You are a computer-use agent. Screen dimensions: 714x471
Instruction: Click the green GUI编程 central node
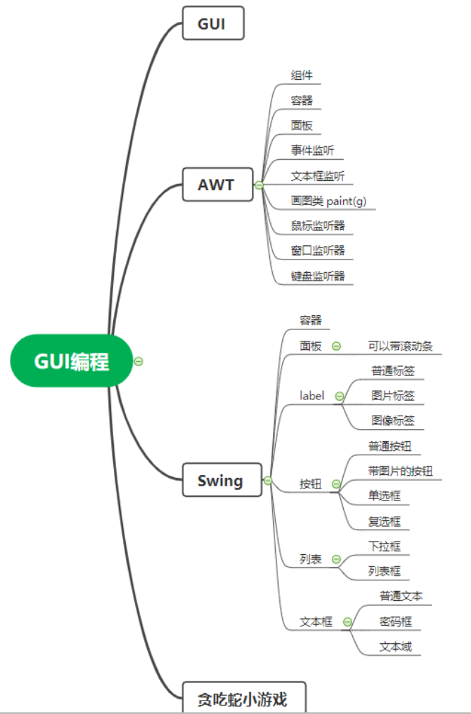(x=71, y=361)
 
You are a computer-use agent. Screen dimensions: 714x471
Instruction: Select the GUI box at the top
(x=213, y=23)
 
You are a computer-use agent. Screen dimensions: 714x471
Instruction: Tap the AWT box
(x=217, y=185)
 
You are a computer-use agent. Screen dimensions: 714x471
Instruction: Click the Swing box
(x=221, y=481)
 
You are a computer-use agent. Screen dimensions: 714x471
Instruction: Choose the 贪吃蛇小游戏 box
(x=245, y=699)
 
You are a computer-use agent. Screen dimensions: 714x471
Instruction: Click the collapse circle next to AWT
(x=259, y=185)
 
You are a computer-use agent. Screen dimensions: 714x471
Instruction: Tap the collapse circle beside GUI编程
(x=139, y=361)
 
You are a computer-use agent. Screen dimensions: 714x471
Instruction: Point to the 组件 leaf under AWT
(x=301, y=76)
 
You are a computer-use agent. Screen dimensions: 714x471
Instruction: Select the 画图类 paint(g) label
(x=328, y=201)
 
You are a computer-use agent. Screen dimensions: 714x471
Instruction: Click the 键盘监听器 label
(x=318, y=276)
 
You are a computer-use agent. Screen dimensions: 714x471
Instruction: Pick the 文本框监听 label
(x=318, y=176)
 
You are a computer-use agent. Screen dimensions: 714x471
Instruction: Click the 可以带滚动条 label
(x=400, y=346)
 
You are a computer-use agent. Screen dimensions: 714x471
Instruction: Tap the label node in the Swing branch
(x=312, y=396)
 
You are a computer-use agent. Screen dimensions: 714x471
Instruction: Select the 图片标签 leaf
(x=392, y=395)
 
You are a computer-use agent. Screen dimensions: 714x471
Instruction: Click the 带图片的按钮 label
(x=400, y=471)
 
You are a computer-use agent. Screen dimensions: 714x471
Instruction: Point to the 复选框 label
(x=384, y=522)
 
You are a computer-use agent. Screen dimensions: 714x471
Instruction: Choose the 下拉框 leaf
(x=384, y=546)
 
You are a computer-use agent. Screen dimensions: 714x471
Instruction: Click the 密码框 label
(x=395, y=622)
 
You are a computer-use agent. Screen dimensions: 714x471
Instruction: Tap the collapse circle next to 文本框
(x=347, y=622)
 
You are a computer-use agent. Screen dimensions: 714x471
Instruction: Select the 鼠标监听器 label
(x=318, y=226)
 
